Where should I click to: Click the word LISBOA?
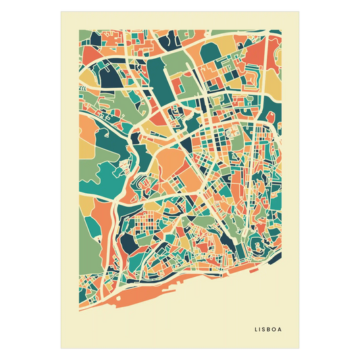[269, 330]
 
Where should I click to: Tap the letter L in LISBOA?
[257, 330]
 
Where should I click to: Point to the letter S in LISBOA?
[266, 330]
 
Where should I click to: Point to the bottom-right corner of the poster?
[300, 349]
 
